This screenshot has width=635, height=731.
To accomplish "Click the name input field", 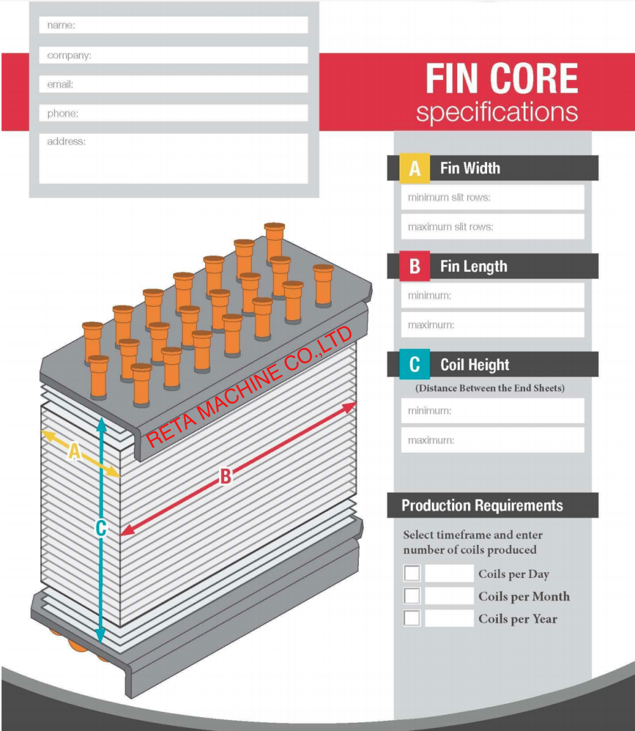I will tap(173, 25).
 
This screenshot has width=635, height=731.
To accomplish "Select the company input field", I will tap(173, 55).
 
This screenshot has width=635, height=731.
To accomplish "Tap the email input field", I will tap(173, 84).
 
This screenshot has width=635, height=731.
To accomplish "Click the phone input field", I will tap(173, 114).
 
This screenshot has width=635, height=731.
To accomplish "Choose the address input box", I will tap(173, 158).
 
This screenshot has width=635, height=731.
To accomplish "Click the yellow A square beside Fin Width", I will tap(415, 168).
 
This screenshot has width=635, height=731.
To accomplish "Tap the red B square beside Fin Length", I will tap(415, 266).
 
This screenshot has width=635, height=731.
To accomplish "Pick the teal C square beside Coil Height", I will tap(415, 365).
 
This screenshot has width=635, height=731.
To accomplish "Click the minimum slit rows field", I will tap(492, 198).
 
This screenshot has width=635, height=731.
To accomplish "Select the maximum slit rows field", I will tap(492, 227).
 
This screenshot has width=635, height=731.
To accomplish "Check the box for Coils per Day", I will tap(412, 573).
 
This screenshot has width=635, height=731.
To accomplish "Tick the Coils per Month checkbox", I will tap(412, 596).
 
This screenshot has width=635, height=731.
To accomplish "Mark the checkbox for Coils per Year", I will tap(412, 618).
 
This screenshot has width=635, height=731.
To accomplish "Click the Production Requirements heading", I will tap(483, 506).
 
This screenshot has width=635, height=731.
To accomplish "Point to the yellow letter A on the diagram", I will tap(75, 452).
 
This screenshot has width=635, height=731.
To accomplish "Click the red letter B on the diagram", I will tap(225, 476).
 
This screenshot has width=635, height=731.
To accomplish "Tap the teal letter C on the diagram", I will tap(100, 528).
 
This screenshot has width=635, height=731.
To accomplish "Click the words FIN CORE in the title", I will tap(502, 79).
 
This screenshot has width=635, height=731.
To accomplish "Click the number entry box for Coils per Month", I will tap(449, 596).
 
